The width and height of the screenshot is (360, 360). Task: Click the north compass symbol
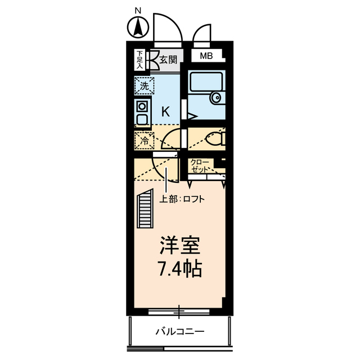click(137, 26)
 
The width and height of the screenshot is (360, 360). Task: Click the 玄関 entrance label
click(168, 58)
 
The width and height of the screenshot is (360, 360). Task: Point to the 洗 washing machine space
click(144, 86)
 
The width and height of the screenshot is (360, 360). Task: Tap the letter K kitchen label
click(165, 111)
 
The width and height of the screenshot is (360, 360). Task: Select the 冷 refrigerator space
click(144, 139)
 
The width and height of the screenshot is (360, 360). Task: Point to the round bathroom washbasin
click(217, 98)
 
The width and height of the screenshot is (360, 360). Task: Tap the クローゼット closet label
click(200, 165)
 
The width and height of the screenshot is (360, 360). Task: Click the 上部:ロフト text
click(182, 199)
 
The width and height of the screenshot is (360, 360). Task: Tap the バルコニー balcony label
click(180, 331)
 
